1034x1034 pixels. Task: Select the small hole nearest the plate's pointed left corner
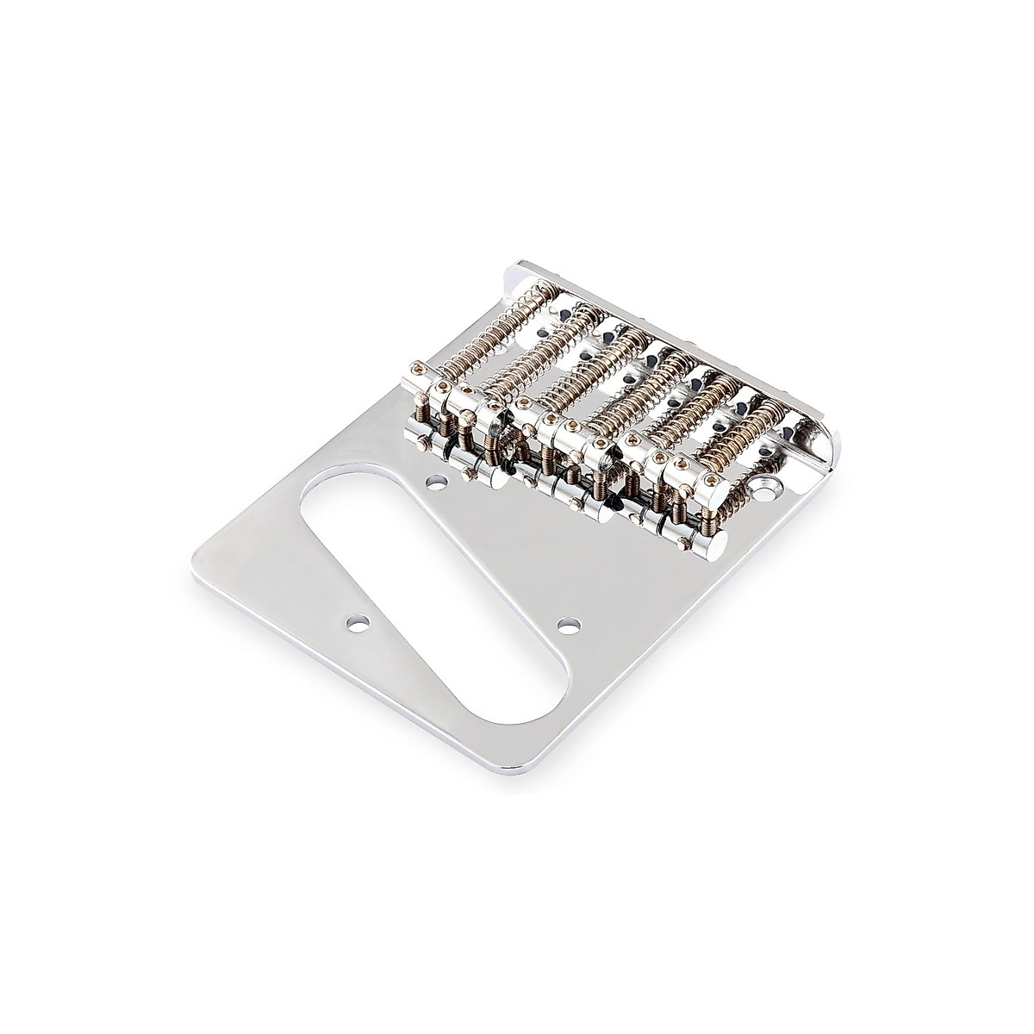point(354,620)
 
